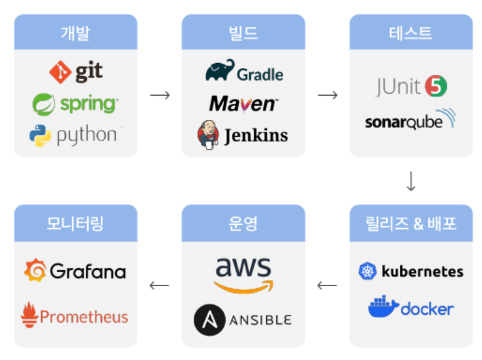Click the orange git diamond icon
pyautogui.click(x=61, y=72)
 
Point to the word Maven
pyautogui.click(x=243, y=103)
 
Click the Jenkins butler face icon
pyautogui.click(x=208, y=134)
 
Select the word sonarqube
pyautogui.click(x=403, y=121)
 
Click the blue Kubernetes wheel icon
pyautogui.click(x=367, y=271)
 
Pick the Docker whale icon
pyautogui.click(x=383, y=307)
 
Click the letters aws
pyautogui.click(x=243, y=267)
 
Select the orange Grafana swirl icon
pyautogui.click(x=35, y=271)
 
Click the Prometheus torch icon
pyautogui.click(x=29, y=316)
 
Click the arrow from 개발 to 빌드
pyautogui.click(x=159, y=95)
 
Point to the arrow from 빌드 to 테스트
pyautogui.click(x=327, y=95)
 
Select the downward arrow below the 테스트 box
pyautogui.click(x=411, y=181)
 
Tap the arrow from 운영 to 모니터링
pyautogui.click(x=159, y=286)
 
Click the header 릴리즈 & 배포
pyautogui.click(x=411, y=223)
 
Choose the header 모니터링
pyautogui.click(x=76, y=223)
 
